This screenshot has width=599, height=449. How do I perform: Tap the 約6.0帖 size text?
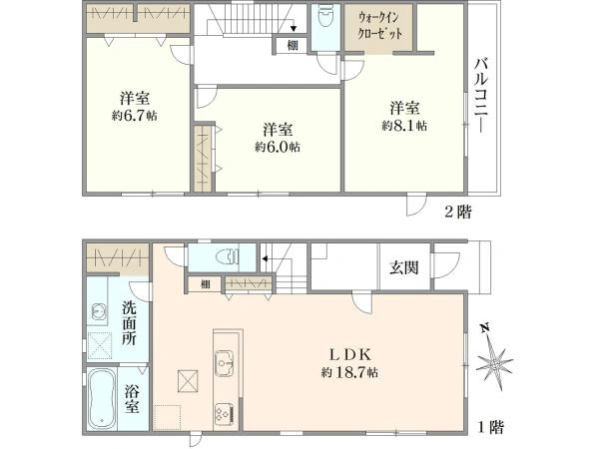point(278,146)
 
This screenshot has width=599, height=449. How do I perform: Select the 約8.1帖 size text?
point(404,126)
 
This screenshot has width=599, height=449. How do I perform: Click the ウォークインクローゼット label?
point(380,25)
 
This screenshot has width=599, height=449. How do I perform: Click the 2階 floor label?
point(458,212)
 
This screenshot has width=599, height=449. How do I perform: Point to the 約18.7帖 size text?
point(349,372)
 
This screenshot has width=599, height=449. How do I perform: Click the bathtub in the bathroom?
point(102,399)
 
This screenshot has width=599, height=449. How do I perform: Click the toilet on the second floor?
point(324,20)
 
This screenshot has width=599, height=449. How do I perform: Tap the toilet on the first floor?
point(226,255)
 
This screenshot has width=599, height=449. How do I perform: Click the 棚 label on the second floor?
point(291,44)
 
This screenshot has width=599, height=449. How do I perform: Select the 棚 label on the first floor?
point(205,284)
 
